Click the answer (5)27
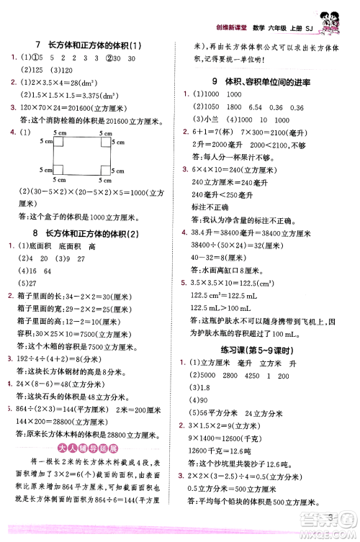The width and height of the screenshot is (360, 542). coord(30,282)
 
